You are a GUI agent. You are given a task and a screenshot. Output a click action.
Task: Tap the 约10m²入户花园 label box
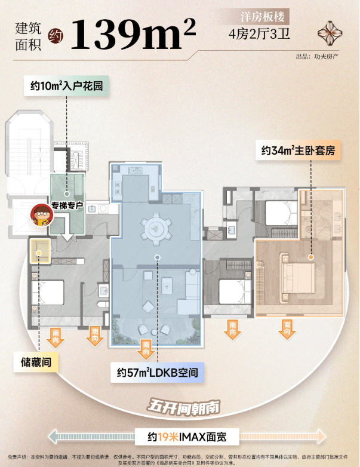point(67,86)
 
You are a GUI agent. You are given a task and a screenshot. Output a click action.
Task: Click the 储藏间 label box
point(36,362)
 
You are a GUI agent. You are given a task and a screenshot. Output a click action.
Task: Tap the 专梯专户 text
point(66,206)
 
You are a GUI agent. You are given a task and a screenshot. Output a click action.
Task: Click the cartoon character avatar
point(41,214)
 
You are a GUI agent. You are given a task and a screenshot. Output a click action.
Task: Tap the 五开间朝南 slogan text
point(184,407)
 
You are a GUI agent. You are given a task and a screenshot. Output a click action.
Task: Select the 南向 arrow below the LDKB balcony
point(146,349)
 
